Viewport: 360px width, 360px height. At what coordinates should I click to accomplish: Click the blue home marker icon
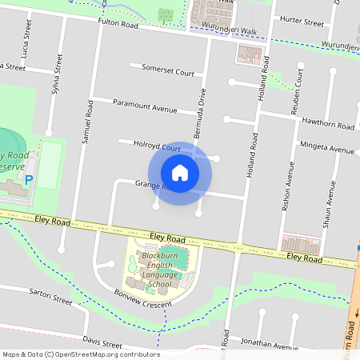tap(180, 173)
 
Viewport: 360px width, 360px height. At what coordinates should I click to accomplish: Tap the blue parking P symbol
tap(29, 181)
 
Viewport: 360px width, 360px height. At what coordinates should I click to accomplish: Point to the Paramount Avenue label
tap(145, 106)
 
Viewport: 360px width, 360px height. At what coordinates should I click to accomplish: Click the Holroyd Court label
tap(157, 147)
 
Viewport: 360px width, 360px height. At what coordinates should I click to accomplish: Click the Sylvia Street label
tap(56, 73)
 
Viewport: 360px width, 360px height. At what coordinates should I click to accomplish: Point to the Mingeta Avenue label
tap(326, 149)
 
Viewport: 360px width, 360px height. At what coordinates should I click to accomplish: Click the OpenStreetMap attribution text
tap(80, 354)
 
